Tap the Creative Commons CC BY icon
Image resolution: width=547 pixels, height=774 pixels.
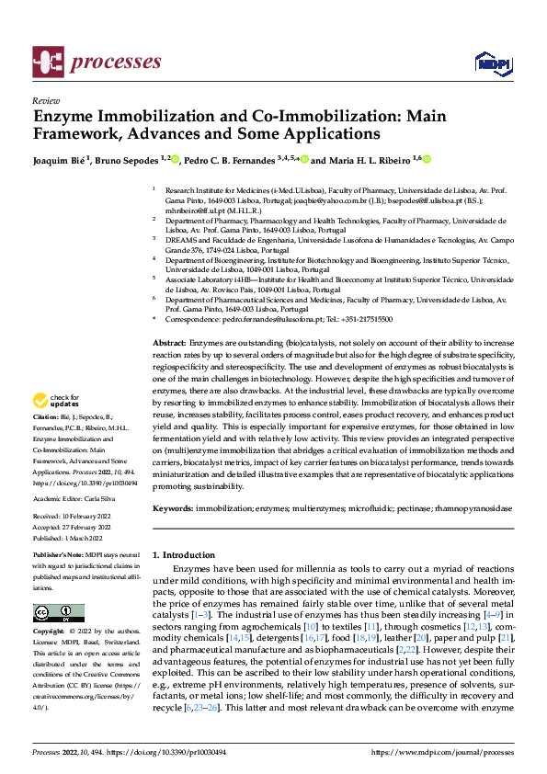pos(59,613)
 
